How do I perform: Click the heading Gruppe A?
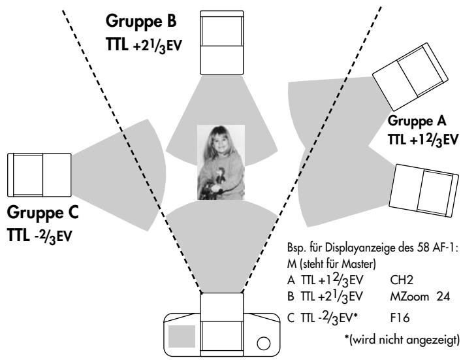pos(417,121)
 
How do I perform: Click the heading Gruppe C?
pos(42,213)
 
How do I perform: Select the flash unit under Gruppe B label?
pos(221,42)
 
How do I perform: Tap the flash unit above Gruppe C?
pos(39,175)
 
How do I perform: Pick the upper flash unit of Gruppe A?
pos(410,76)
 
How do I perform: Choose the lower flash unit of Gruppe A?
pos(424,191)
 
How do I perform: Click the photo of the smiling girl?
pos(221,162)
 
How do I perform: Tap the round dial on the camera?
pos(263,343)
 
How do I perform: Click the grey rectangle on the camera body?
pos(182,336)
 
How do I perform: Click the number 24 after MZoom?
pos(443,297)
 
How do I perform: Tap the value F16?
pos(400,318)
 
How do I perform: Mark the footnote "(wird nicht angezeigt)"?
pos(404,340)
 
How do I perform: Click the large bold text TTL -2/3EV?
pos(39,236)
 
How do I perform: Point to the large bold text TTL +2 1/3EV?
pos(144,46)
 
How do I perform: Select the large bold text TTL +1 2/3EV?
pos(423,140)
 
